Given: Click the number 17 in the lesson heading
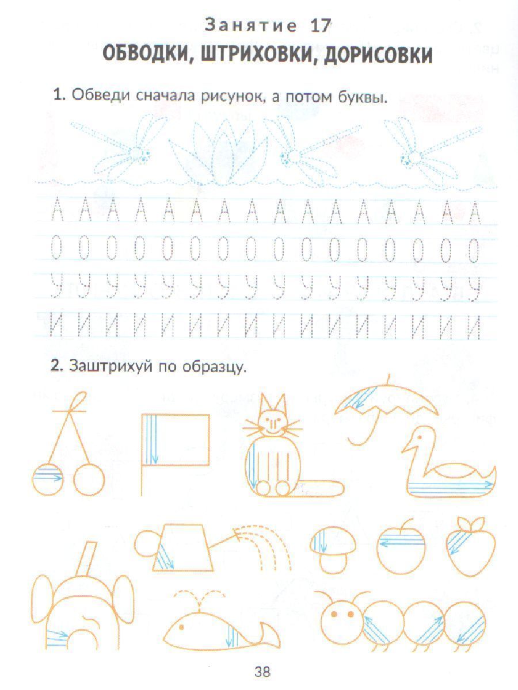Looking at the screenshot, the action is coord(321,26).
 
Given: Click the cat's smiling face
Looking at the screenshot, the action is coord(273,422).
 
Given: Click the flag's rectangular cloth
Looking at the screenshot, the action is coord(176,439).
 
